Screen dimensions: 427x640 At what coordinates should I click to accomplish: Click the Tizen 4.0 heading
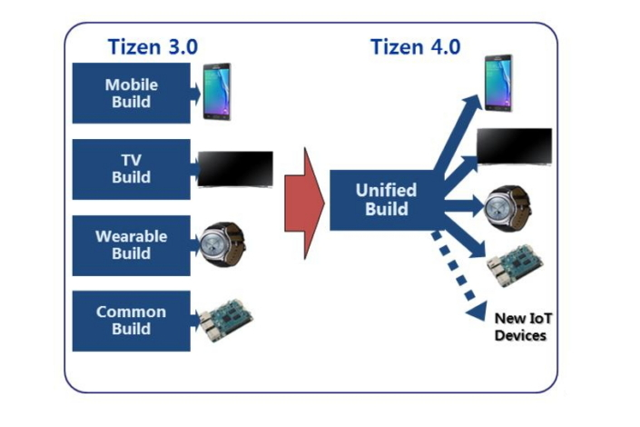(x=415, y=46)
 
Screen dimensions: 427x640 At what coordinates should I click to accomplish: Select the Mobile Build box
(x=132, y=93)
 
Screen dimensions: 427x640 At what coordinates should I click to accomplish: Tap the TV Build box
(x=132, y=169)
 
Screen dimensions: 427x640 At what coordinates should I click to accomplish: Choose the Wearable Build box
(x=132, y=244)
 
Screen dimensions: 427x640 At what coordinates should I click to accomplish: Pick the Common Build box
(x=132, y=320)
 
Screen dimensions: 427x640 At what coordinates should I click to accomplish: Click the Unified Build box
(x=386, y=200)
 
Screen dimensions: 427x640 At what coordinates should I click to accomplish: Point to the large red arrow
(x=304, y=201)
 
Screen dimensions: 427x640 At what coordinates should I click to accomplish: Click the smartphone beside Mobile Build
(x=217, y=92)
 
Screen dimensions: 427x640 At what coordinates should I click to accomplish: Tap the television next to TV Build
(x=235, y=169)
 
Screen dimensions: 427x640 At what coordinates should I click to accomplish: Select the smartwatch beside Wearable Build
(x=222, y=243)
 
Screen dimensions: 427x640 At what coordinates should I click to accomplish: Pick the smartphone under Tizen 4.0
(x=497, y=83)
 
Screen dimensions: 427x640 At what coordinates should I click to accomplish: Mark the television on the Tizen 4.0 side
(x=515, y=145)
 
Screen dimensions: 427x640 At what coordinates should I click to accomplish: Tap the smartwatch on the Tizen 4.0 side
(x=502, y=204)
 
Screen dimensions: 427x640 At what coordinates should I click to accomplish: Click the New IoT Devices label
(x=520, y=327)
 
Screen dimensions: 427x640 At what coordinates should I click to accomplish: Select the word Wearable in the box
(x=132, y=236)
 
